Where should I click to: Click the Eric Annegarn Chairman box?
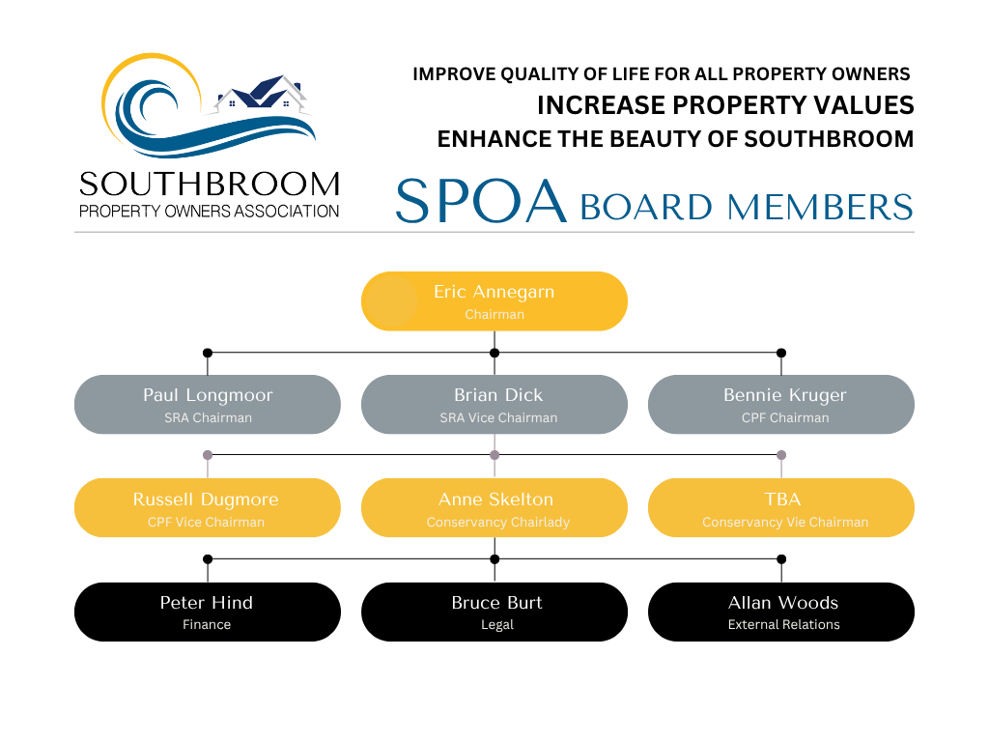point(494,301)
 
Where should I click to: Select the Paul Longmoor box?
point(207,405)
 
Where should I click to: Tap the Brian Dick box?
point(494,405)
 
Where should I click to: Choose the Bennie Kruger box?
point(780,405)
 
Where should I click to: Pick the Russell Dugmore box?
point(207,508)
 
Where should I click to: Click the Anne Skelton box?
point(494,508)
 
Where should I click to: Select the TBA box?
point(780,508)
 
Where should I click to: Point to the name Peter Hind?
point(207,603)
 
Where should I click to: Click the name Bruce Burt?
point(496,603)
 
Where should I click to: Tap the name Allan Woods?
point(783,603)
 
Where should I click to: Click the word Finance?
point(207,625)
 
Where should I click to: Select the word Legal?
point(496,625)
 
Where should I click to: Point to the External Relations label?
point(783,625)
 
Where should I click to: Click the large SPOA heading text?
point(480,201)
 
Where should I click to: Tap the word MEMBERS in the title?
point(820,207)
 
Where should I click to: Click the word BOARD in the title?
point(646,207)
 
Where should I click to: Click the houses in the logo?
point(263,94)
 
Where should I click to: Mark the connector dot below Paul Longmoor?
point(207,455)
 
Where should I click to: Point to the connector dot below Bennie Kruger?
point(781,455)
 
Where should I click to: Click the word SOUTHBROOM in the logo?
point(209,185)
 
